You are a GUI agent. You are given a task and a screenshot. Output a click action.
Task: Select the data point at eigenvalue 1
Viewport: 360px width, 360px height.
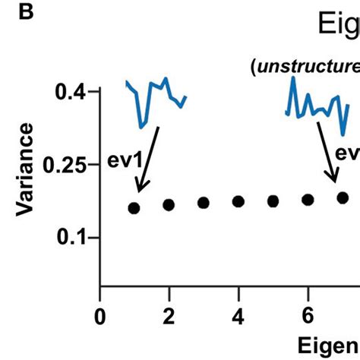point(134,207)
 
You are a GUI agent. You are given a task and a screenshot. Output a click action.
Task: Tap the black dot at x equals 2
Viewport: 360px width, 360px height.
point(169,204)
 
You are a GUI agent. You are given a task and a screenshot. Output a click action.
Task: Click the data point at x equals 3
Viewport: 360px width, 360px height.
point(204,203)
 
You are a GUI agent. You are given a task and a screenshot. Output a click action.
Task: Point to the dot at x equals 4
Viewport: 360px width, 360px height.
point(238,201)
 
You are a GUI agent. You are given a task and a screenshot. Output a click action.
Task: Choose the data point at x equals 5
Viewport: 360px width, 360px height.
point(273,201)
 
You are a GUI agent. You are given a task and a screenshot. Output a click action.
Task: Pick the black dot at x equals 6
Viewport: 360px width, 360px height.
point(308,200)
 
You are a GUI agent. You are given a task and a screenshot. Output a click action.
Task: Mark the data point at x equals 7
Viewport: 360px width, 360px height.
point(343,197)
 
